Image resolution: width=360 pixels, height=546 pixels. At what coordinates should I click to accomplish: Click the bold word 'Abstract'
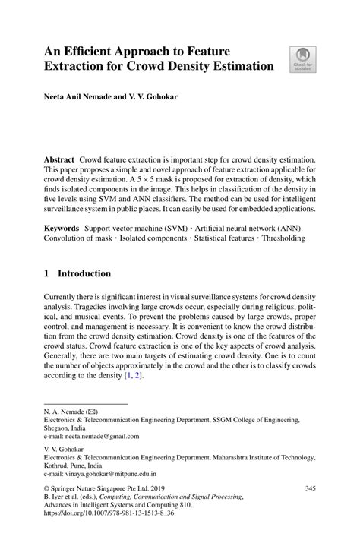59,161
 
